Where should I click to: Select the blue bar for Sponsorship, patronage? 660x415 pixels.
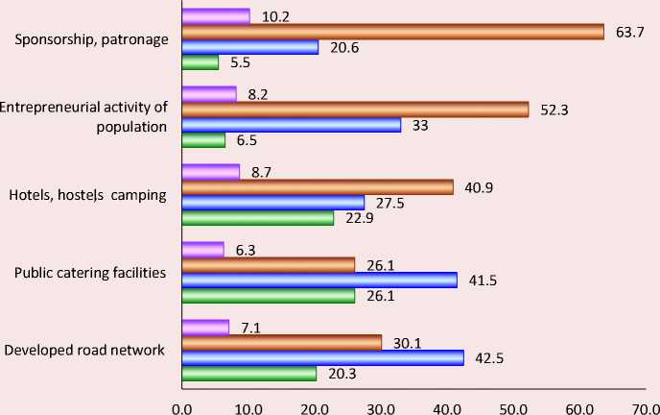coord(249,47)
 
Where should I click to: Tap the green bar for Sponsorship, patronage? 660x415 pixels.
coord(200,62)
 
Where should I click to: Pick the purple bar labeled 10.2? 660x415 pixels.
coord(216,15)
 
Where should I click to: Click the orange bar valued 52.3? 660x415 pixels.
coord(355,110)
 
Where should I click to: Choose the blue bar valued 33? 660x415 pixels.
coord(291,125)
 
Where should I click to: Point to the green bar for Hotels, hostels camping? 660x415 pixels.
coord(257,218)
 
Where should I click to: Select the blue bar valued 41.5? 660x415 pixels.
coord(319,281)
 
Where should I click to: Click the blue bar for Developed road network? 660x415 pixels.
coord(322,357)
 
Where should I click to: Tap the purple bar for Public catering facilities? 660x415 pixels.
coord(202,250)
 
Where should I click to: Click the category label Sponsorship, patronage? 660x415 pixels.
coord(93,39)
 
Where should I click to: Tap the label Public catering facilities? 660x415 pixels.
coord(91,272)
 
